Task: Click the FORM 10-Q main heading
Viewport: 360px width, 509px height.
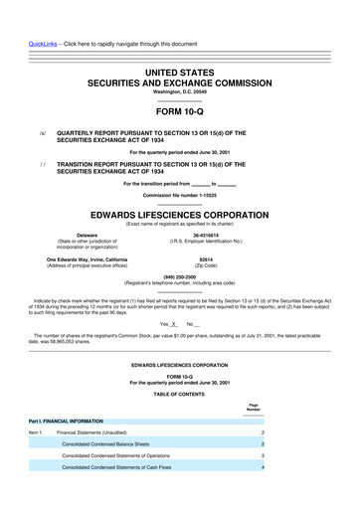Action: click(x=179, y=111)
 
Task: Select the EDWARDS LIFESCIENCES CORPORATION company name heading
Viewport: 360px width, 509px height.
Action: click(x=179, y=214)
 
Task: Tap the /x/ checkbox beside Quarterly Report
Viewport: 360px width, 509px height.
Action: click(x=41, y=131)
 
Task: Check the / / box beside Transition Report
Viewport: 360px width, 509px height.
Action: click(x=41, y=165)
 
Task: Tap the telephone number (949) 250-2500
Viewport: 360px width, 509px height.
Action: click(x=179, y=277)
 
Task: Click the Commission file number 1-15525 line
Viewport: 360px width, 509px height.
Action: click(x=179, y=195)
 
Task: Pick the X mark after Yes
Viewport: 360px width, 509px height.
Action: click(x=174, y=324)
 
